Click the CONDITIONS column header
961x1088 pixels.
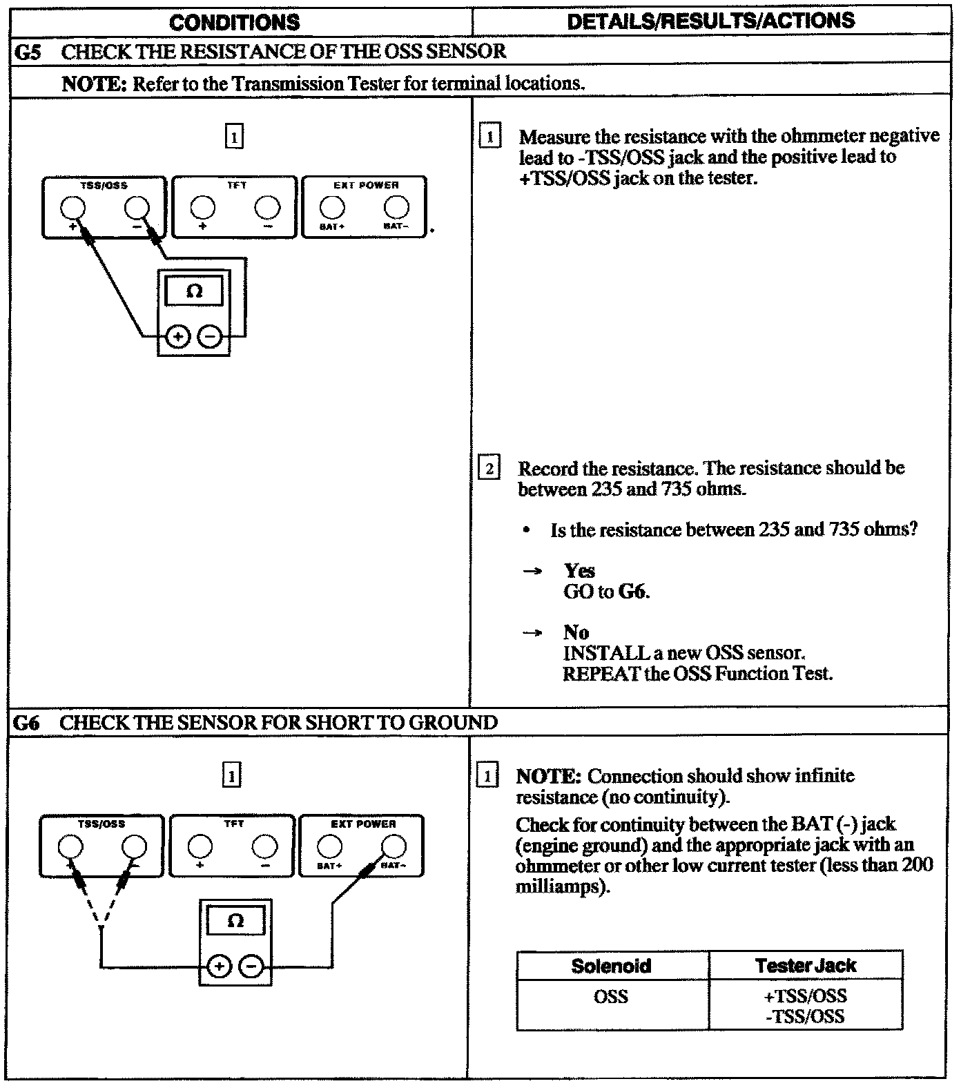[x=234, y=22]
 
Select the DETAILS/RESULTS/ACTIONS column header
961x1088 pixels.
[x=710, y=21]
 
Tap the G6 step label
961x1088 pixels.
[x=26, y=723]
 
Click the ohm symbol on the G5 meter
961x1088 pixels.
[x=195, y=291]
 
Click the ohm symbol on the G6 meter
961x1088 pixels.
[x=235, y=921]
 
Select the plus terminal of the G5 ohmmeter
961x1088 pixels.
[x=178, y=337]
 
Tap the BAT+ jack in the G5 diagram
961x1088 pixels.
[x=332, y=206]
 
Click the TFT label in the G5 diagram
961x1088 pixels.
[x=236, y=186]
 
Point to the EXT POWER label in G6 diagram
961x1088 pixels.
[x=363, y=824]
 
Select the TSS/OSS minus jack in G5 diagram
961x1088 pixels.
[x=136, y=207]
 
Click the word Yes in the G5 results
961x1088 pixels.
[x=579, y=571]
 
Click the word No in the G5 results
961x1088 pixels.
[x=576, y=632]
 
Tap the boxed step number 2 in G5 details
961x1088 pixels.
[x=489, y=469]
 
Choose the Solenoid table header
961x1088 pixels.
[x=611, y=965]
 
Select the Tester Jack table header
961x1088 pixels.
[x=805, y=965]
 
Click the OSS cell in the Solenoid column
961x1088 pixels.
[x=611, y=996]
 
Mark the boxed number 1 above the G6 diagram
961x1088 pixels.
[x=231, y=776]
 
